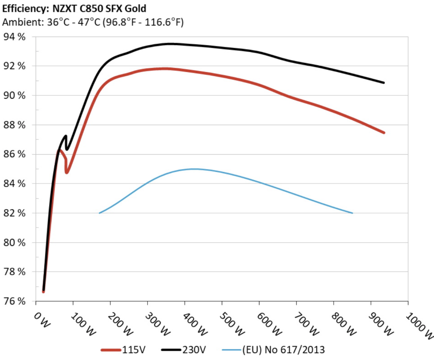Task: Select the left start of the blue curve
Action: (99, 213)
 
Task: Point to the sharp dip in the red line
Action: (67, 172)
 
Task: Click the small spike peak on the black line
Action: (66, 136)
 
